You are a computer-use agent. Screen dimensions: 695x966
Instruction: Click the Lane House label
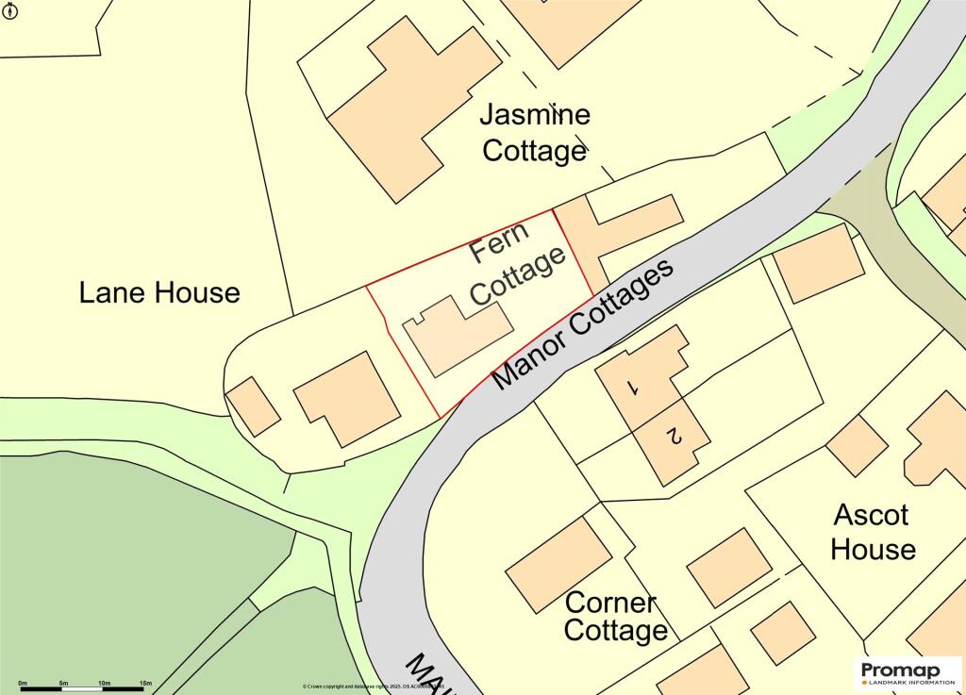(x=159, y=292)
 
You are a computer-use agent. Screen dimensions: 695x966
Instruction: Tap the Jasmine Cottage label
(x=535, y=133)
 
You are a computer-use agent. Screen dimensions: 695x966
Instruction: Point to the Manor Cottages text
(x=583, y=323)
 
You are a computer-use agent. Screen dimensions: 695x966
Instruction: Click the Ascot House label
(x=873, y=532)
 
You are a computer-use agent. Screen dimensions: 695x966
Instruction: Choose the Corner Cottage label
(x=615, y=617)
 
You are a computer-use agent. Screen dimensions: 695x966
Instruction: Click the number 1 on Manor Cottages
(x=634, y=387)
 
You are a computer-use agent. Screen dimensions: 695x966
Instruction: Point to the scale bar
(x=84, y=689)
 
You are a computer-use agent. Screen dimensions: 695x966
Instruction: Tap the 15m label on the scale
(x=145, y=682)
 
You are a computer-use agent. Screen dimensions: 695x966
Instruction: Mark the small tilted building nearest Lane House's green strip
(x=254, y=405)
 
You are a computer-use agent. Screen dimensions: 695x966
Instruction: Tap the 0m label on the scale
(x=23, y=682)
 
